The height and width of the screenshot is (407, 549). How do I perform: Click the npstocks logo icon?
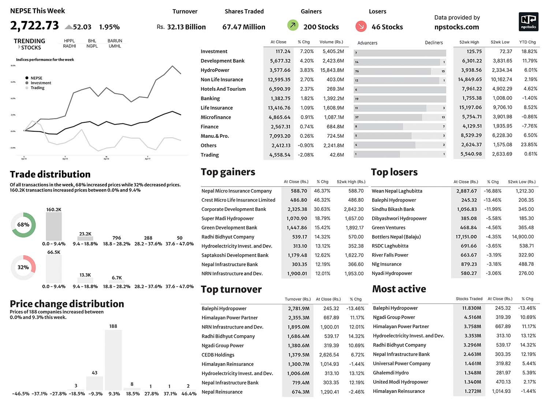coord(528,22)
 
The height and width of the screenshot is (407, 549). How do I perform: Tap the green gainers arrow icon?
coord(293,25)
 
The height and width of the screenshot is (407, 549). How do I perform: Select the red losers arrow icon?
coord(361,26)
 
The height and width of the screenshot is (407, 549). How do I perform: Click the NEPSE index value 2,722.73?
coord(34,25)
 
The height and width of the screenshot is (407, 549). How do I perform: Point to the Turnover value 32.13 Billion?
coord(186,27)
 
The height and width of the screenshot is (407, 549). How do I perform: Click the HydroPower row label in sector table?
coord(215,70)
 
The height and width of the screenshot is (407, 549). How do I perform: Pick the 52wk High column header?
coord(469,42)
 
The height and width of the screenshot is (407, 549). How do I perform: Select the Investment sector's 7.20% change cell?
coord(307,51)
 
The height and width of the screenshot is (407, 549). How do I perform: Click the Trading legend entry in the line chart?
coord(37,88)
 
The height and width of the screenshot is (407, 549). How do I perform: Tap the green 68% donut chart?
coord(23,224)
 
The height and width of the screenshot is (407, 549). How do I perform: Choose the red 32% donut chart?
coord(23,267)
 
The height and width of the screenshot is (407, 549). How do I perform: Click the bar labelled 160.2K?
coord(54,226)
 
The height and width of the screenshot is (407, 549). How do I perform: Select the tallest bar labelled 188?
coord(113,359)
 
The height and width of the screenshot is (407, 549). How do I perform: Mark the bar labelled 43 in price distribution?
coord(94,383)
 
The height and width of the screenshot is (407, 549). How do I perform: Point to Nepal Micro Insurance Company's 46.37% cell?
coord(322,191)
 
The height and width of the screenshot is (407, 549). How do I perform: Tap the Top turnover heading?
coord(231,289)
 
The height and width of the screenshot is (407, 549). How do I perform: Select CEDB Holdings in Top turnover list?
coord(218,355)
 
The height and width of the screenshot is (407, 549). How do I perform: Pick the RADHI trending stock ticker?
coord(70,46)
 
